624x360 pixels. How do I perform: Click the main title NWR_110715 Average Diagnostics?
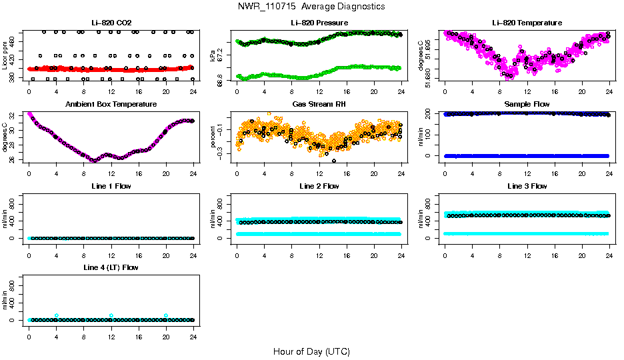[x=311, y=7]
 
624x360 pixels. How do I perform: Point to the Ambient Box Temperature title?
[x=111, y=104]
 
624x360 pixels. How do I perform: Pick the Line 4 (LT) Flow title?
[x=111, y=267]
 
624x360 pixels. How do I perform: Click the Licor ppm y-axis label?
[x=5, y=56]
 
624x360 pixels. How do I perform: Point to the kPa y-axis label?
[x=213, y=56]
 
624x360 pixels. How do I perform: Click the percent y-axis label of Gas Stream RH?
[x=213, y=137]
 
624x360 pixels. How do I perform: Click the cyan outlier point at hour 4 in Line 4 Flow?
[x=57, y=315]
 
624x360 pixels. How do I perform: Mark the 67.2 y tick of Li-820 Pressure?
[x=223, y=56]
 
